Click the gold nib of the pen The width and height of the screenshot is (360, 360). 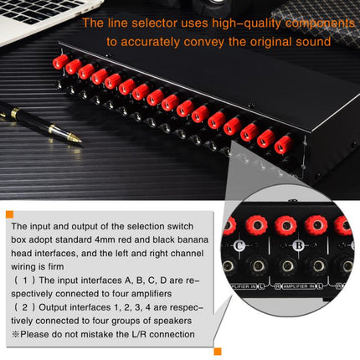click(x=74, y=138)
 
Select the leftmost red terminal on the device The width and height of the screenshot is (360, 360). click(x=60, y=62)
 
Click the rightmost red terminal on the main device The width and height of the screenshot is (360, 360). click(x=282, y=145)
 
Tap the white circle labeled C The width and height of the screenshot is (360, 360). click(x=239, y=246)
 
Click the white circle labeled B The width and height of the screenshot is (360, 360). click(x=299, y=246)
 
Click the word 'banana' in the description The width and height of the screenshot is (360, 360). click(x=193, y=239)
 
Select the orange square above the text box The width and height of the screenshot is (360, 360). click(x=9, y=214)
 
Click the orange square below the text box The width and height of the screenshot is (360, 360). click(x=218, y=352)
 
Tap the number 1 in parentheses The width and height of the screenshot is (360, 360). click(x=25, y=280)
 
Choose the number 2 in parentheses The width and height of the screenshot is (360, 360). click(x=25, y=307)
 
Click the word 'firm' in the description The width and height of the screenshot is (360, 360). click(x=56, y=266)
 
